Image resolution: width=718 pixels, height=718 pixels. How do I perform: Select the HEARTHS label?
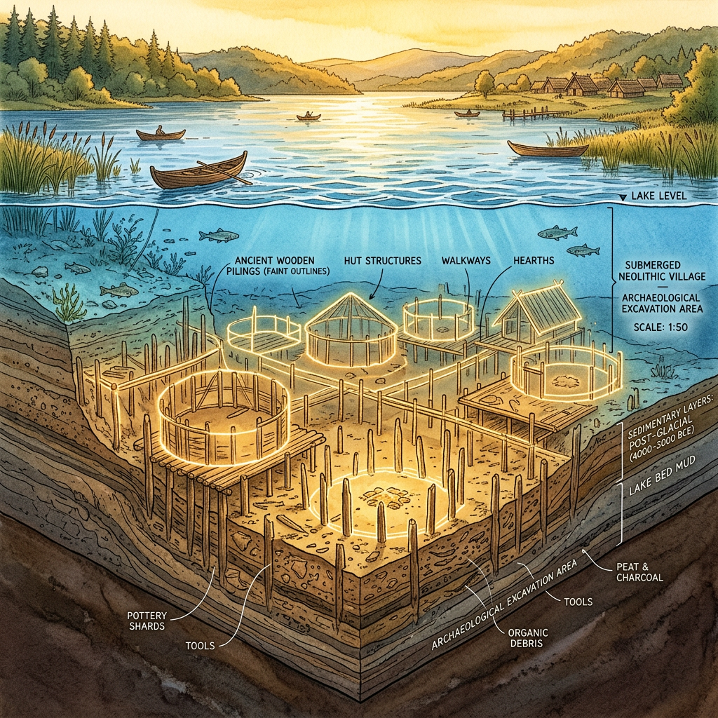click(x=533, y=260)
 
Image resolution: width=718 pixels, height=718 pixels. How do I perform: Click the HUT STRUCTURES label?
click(x=382, y=260)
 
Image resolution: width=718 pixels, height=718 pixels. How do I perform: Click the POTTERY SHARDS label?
click(x=146, y=621)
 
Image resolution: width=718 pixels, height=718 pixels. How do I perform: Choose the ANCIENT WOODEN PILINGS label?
click(x=280, y=266)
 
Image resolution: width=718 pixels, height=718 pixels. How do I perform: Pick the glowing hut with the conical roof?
click(x=348, y=327)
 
